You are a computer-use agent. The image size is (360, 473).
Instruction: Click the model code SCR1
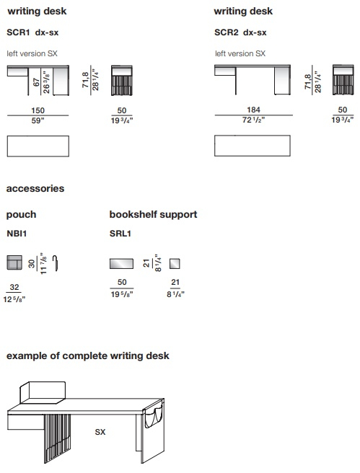coord(18,32)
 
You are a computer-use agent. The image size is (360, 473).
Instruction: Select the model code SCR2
coord(227,32)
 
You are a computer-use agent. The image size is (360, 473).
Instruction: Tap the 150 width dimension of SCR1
coord(38,110)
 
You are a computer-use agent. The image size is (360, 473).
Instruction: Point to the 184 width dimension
coord(253,110)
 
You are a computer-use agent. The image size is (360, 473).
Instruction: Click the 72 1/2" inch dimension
coord(253,120)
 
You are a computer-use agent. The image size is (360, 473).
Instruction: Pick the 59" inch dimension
coord(38,120)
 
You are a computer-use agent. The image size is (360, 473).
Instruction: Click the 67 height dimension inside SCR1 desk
coord(36,82)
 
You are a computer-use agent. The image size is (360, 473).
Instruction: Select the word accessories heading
coord(35,188)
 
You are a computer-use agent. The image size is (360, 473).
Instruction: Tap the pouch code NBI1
coord(17,234)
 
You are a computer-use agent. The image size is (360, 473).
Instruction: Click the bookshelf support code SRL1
coord(120,234)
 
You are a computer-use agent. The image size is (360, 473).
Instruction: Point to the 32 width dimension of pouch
coord(14,287)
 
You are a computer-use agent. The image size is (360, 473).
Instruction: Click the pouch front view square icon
coord(14,262)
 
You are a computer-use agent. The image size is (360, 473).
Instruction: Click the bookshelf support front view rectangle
coord(121,264)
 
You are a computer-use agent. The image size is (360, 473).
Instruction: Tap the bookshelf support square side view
coord(175,264)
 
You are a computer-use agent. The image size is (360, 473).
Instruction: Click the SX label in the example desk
coord(100,432)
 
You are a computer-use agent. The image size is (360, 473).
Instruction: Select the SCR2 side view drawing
coord(343,79)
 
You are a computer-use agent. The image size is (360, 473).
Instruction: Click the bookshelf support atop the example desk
coord(43,392)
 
